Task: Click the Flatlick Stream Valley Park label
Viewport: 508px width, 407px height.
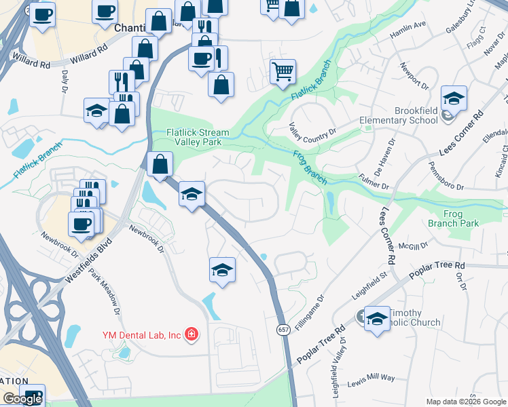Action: pyautogui.click(x=198, y=138)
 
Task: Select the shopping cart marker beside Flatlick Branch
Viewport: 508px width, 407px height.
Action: pyautogui.click(x=283, y=71)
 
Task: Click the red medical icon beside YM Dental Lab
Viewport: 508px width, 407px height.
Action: pyautogui.click(x=192, y=334)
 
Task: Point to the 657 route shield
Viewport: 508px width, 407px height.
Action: pyautogui.click(x=283, y=329)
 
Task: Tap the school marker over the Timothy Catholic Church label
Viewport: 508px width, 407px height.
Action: pyautogui.click(x=378, y=318)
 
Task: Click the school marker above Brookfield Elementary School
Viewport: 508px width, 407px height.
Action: pyautogui.click(x=454, y=99)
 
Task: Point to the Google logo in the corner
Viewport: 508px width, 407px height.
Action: pyautogui.click(x=22, y=399)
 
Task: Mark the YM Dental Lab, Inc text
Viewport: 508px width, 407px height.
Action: pyautogui.click(x=141, y=334)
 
